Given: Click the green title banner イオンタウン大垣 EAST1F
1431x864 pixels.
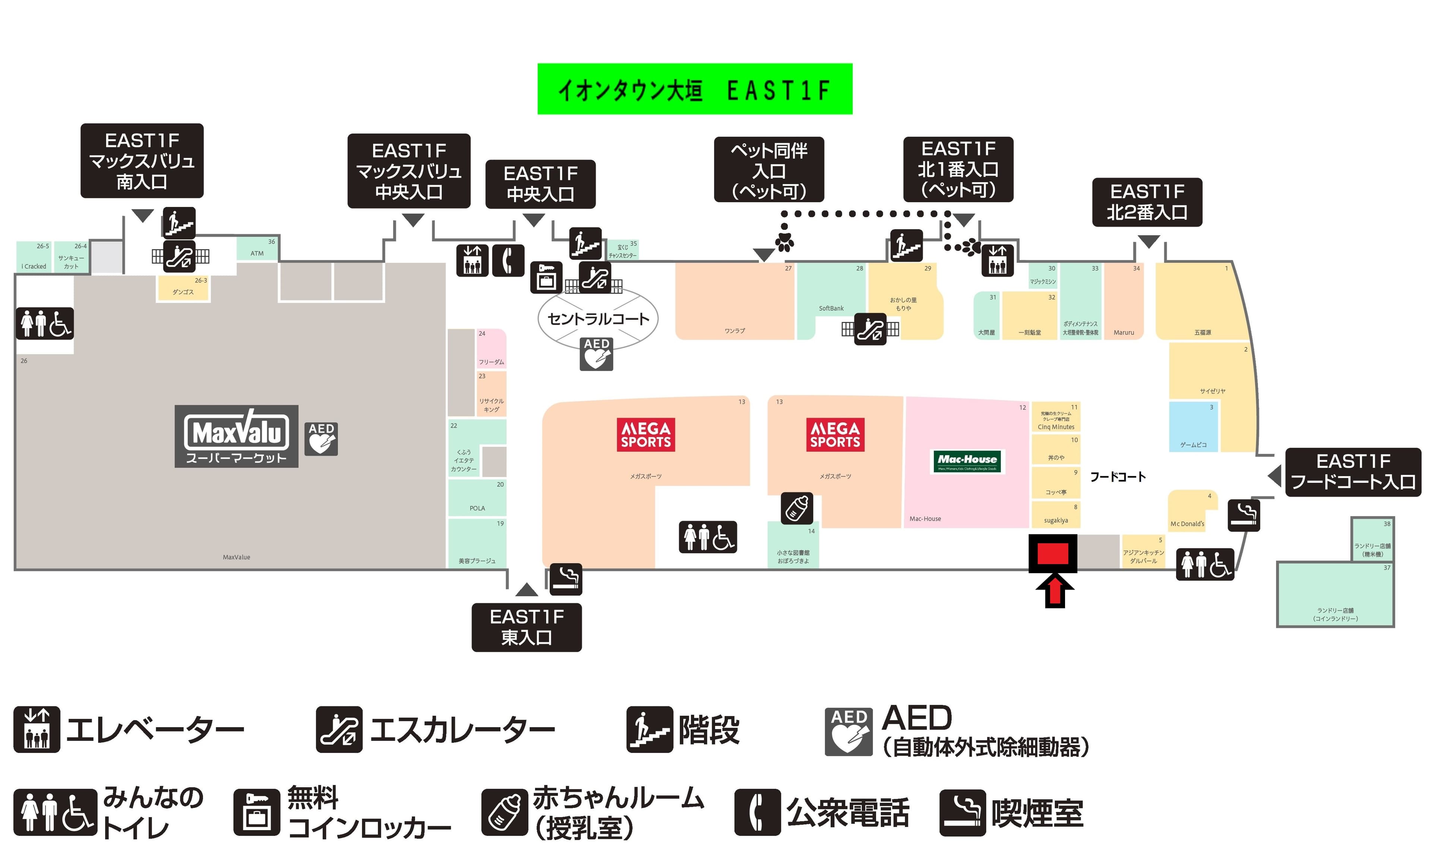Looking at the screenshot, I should pyautogui.click(x=695, y=89).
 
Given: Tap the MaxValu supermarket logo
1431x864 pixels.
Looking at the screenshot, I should pyautogui.click(x=236, y=436).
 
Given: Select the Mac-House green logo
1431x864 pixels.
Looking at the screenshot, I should pyautogui.click(x=967, y=461).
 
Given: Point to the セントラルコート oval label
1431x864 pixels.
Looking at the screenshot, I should pyautogui.click(x=598, y=318).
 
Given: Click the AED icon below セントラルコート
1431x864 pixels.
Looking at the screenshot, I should pyautogui.click(x=597, y=354).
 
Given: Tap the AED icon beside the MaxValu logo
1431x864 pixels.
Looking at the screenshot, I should pyautogui.click(x=321, y=439).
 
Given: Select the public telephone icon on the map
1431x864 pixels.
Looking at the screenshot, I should pyautogui.click(x=508, y=260).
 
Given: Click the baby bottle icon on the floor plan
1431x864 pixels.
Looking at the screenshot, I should pyautogui.click(x=797, y=508).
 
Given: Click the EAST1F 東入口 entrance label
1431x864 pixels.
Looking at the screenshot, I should pyautogui.click(x=526, y=627).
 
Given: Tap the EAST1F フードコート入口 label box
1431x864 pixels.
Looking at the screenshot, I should pyautogui.click(x=1353, y=472).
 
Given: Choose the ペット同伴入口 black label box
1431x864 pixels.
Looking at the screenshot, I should pyautogui.click(x=769, y=170).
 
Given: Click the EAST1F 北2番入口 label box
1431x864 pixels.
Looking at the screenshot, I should pyautogui.click(x=1147, y=202).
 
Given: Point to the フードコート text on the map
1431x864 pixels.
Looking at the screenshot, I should pyautogui.click(x=1117, y=477).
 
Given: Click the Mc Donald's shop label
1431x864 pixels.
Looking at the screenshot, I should pyautogui.click(x=1187, y=524).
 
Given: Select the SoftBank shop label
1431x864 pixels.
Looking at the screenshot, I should pyautogui.click(x=831, y=308).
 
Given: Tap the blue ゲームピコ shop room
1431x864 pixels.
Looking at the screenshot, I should pyautogui.click(x=1194, y=426).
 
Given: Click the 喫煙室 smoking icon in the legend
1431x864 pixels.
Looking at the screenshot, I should pyautogui.click(x=962, y=812).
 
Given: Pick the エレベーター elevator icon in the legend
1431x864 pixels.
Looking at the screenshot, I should pyautogui.click(x=37, y=729).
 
